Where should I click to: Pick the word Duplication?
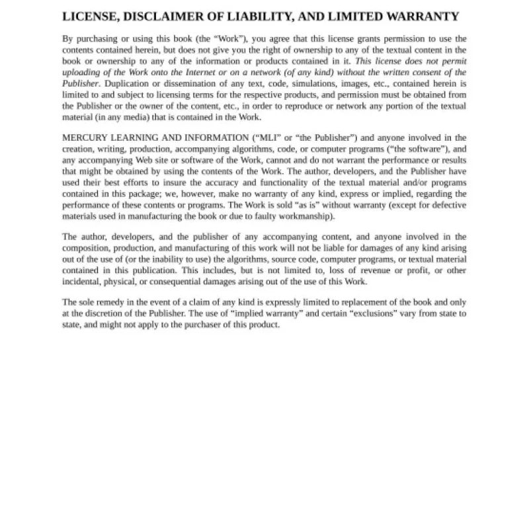click(x=128, y=84)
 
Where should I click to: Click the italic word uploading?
click(x=82, y=73)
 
